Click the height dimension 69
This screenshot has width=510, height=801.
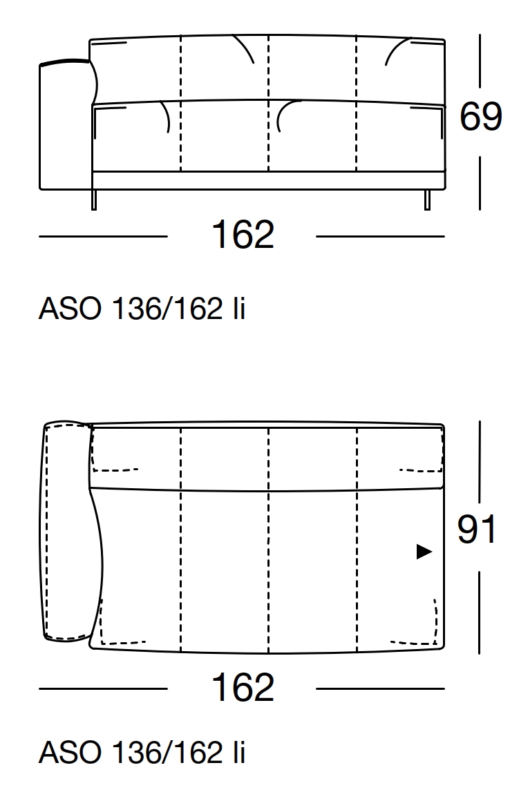pos(480,117)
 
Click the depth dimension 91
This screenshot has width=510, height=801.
pos(477,530)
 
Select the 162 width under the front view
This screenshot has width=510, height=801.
pos(243,235)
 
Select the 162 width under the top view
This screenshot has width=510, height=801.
pos(243,688)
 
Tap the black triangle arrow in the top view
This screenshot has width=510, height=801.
pos(424,552)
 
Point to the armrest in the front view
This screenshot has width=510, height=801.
pos(66,124)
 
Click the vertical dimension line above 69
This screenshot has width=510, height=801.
pos(480,62)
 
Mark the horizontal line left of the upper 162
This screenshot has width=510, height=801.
pos(103,236)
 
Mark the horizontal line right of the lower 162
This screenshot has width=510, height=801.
pos(380,688)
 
